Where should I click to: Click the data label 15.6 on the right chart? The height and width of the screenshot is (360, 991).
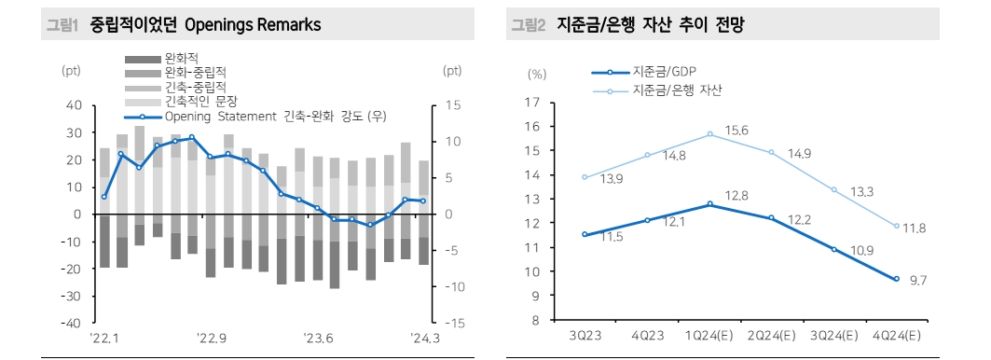pos(737,131)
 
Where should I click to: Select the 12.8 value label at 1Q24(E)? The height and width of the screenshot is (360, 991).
pos(737,195)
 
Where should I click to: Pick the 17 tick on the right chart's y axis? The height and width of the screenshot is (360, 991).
pos(533,102)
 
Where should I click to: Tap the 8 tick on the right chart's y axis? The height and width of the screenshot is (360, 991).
pos(536,320)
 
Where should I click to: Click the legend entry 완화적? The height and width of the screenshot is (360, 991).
pos(182,56)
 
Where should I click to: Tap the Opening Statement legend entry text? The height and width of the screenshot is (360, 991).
pos(275,117)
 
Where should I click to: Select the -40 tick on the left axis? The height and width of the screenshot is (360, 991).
pos(72,323)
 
